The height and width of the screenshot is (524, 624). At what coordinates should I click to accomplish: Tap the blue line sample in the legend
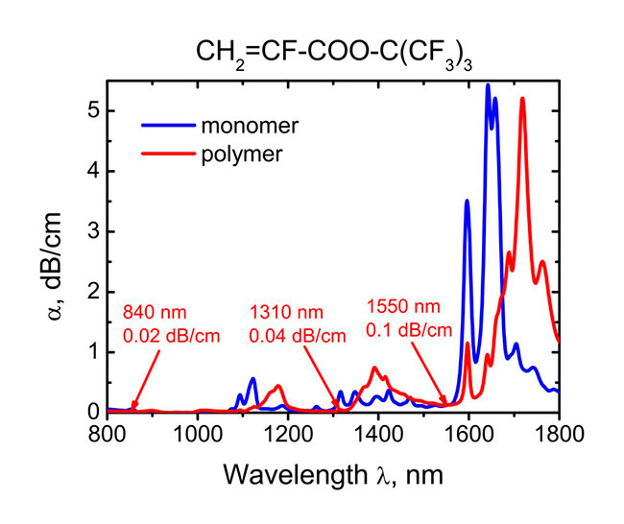[x=166, y=126]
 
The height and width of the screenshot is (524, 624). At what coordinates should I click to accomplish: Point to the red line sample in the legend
[x=166, y=154]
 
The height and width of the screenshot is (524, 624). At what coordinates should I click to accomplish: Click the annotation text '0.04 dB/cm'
[x=292, y=338]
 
